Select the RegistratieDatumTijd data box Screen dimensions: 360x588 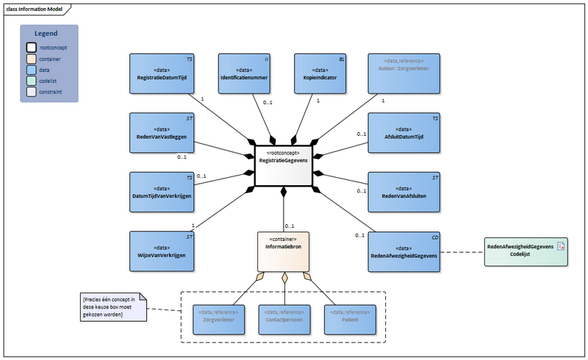click(161, 73)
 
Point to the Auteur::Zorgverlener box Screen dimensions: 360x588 click(404, 73)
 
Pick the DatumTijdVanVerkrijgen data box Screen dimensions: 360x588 click(161, 192)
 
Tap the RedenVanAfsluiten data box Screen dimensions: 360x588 click(404, 192)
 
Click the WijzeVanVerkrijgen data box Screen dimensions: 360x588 click(161, 251)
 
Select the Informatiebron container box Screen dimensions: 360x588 click(284, 251)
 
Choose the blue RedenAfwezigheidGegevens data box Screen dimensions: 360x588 click(404, 251)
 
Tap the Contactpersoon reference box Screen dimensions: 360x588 click(284, 316)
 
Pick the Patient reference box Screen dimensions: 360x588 click(350, 316)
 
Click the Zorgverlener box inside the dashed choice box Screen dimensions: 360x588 click(217, 316)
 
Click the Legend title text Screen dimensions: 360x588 click(49, 34)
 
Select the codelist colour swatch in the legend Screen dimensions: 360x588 click(32, 82)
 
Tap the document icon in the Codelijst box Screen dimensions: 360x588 click(560, 246)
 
